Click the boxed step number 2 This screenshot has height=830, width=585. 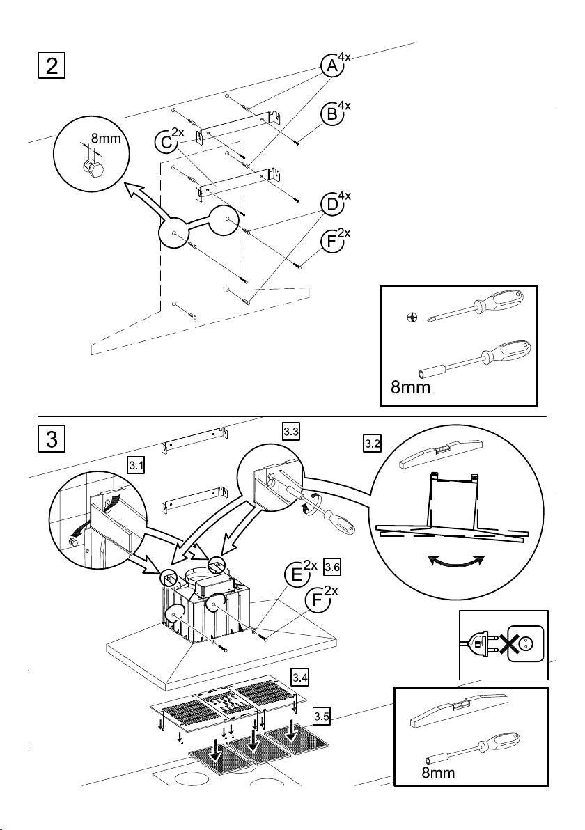point(52,65)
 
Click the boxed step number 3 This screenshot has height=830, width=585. point(52,439)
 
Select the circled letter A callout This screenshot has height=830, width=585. point(331,65)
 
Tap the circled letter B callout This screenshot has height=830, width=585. point(331,113)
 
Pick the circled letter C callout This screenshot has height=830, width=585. point(165,141)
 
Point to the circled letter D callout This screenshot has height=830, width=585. point(331,204)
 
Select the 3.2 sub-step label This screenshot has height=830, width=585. point(372,444)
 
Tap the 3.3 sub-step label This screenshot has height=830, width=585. point(291,432)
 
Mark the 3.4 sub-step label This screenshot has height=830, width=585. point(300,677)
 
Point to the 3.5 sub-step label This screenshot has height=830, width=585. point(321,717)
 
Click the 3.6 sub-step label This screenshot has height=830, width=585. point(332,568)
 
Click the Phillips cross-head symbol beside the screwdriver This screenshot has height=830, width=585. point(412,318)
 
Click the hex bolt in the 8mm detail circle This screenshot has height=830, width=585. point(92,167)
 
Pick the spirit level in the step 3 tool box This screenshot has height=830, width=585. point(460,707)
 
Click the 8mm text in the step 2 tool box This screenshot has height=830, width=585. point(410,387)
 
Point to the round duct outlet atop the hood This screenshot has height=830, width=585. point(200,575)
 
